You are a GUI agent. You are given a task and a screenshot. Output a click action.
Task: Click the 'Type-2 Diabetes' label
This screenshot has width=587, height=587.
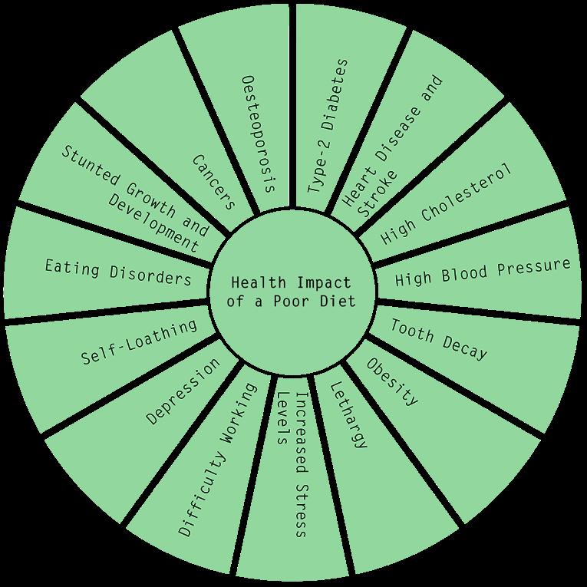click(328, 126)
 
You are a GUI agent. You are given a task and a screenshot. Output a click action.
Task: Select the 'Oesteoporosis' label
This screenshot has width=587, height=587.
click(257, 133)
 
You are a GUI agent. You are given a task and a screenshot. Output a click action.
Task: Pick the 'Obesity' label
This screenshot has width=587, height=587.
click(392, 381)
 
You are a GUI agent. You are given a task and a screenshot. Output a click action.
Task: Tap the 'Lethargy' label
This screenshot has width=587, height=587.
click(349, 414)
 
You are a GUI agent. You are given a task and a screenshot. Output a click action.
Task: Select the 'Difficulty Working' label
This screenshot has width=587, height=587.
click(218, 457)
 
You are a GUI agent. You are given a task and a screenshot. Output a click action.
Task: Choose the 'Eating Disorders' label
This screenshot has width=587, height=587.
click(117, 272)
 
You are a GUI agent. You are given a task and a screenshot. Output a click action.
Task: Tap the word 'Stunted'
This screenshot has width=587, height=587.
click(86, 165)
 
